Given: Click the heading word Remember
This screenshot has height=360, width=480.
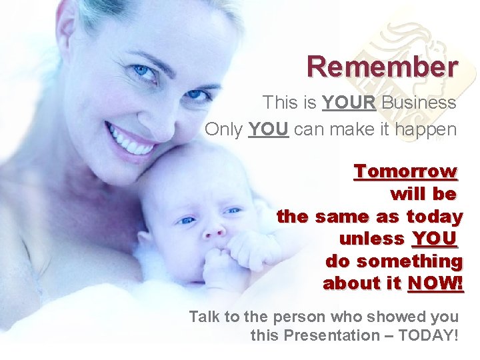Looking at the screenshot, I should (x=382, y=67).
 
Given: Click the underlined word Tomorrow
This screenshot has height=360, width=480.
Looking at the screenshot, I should (x=405, y=171).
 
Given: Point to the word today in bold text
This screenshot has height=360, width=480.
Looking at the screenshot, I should (x=434, y=217).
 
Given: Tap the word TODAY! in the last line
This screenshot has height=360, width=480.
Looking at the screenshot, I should (x=428, y=335).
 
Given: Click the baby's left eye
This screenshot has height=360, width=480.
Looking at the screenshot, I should (x=233, y=211).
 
